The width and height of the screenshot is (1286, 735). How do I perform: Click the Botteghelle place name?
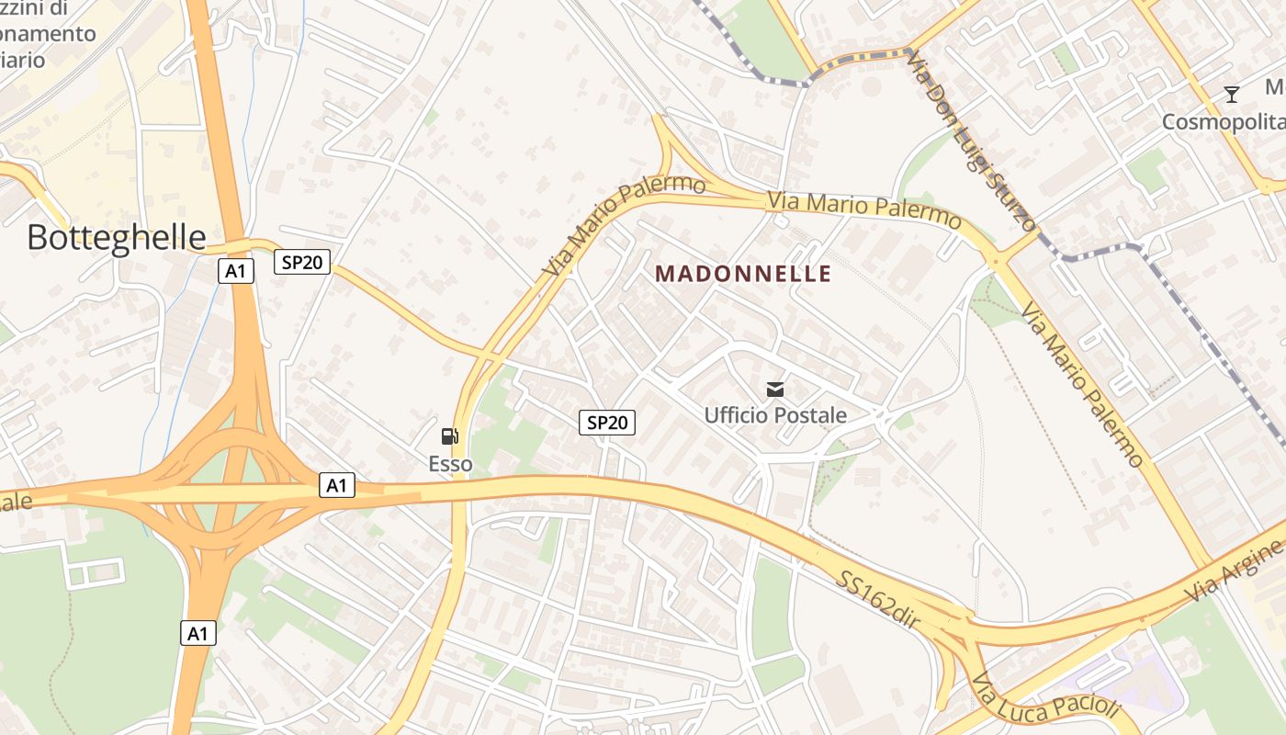pos(117,237)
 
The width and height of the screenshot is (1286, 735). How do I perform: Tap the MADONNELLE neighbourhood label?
pos(744,274)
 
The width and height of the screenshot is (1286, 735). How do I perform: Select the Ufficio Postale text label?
pos(775,415)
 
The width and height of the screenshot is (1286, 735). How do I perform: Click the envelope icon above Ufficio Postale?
pos(775,390)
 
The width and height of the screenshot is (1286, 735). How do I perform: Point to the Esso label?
pos(450,464)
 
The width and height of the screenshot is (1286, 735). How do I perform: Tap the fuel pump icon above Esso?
pos(449,436)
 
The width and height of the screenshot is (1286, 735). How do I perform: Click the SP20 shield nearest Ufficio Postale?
pos(607,423)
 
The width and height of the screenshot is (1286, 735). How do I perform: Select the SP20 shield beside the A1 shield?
pos(302,262)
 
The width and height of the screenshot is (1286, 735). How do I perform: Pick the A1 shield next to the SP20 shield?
pos(236,271)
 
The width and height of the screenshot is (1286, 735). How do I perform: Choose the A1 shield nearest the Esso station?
pos(337,485)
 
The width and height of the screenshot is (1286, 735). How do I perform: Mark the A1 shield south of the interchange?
pos(198,633)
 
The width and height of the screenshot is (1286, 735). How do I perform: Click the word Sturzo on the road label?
pos(1010,191)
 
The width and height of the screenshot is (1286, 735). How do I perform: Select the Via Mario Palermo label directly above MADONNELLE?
pos(864,210)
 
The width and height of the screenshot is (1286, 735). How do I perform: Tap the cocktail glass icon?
pos(1232,94)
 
